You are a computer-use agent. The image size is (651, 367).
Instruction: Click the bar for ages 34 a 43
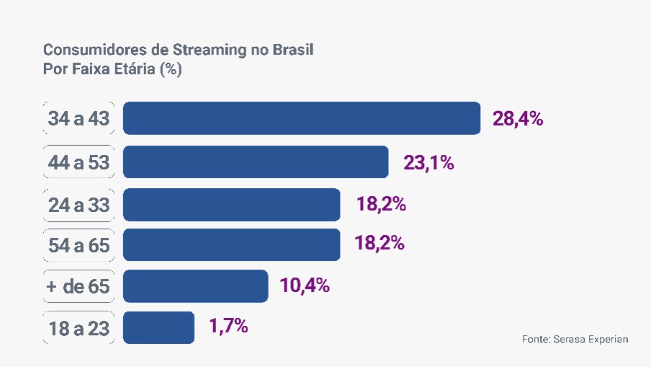(301, 118)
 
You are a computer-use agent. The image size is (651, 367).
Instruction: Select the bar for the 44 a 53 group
(256, 162)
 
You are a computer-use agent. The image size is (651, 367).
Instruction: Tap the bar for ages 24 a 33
(231, 205)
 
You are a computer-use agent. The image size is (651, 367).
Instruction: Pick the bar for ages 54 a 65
(231, 245)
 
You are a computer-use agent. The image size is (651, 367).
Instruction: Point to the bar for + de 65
(195, 286)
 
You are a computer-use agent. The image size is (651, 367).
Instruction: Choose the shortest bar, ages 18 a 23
(158, 327)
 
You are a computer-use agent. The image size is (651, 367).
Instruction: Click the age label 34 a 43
(78, 119)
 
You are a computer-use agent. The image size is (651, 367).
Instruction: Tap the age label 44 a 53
(78, 163)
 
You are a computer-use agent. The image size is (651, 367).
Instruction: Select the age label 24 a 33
(78, 205)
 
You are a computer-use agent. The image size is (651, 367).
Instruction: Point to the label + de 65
(78, 287)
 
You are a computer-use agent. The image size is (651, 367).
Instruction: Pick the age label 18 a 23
(78, 328)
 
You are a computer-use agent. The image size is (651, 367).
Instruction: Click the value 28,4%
(518, 119)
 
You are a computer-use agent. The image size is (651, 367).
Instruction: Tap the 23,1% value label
(428, 163)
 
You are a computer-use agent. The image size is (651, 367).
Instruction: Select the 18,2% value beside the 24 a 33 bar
(381, 204)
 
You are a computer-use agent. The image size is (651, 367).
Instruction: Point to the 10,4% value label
(305, 286)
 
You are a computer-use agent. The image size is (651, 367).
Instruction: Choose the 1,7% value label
(229, 327)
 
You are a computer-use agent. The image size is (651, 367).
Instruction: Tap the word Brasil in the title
(295, 50)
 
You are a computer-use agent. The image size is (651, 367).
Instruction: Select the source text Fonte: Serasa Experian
(575, 339)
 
